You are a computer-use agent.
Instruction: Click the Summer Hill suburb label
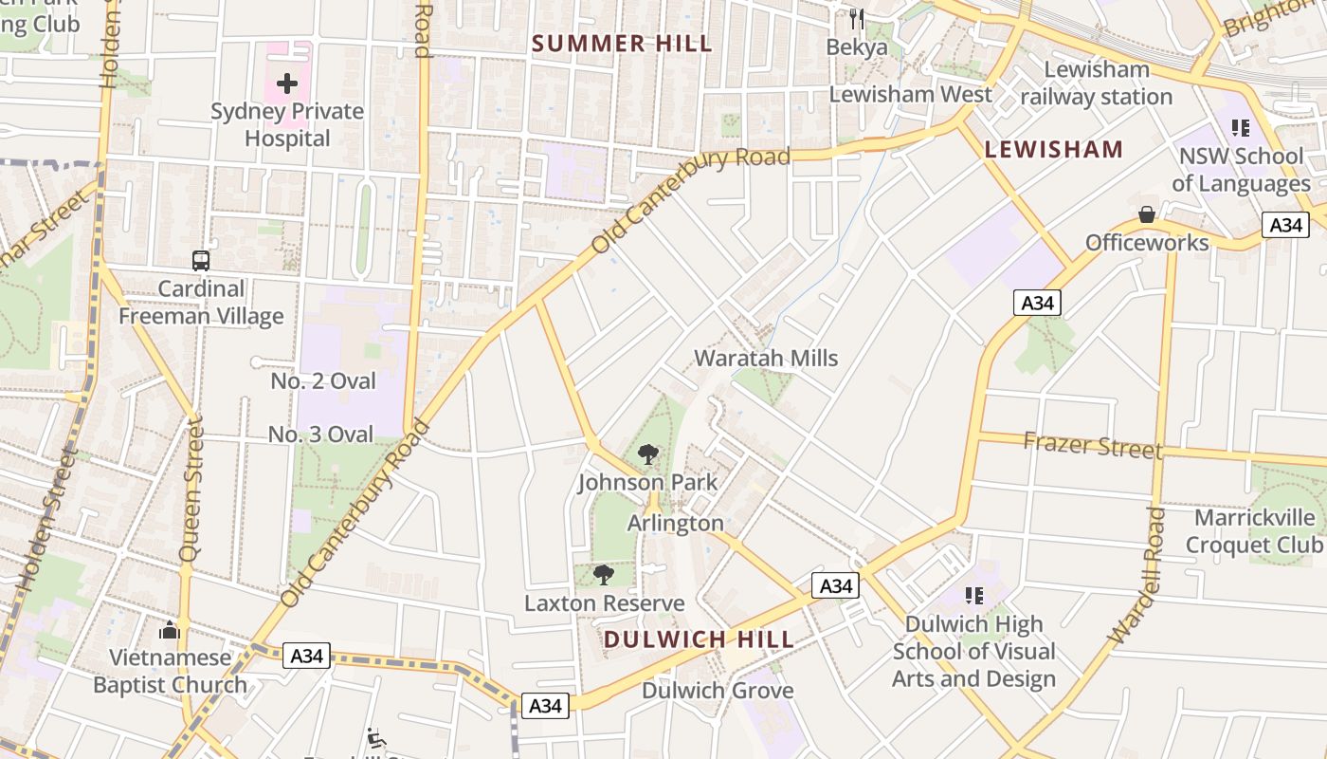point(622,44)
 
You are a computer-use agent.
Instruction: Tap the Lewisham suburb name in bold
point(1053,149)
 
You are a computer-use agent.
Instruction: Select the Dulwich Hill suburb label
point(699,639)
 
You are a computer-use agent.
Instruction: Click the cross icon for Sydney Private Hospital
point(287,83)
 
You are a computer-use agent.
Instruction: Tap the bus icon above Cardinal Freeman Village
point(201,260)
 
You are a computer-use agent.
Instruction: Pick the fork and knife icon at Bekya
point(857,18)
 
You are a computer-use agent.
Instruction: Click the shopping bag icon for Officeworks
point(1147,214)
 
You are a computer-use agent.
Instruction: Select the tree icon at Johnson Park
point(648,454)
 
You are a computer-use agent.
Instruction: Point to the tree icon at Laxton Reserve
point(604,575)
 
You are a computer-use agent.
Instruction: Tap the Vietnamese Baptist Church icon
point(170,629)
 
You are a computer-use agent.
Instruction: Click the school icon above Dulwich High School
point(973,596)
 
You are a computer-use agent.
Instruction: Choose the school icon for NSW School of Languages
point(1240,127)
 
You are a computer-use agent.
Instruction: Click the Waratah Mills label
point(766,359)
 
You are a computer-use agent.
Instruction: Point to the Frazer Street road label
point(1092,444)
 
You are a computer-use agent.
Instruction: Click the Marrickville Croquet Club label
point(1254,531)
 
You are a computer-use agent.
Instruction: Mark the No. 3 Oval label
point(321,435)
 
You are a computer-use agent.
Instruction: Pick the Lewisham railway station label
point(1097,83)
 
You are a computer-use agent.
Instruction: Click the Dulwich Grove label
point(718,691)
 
